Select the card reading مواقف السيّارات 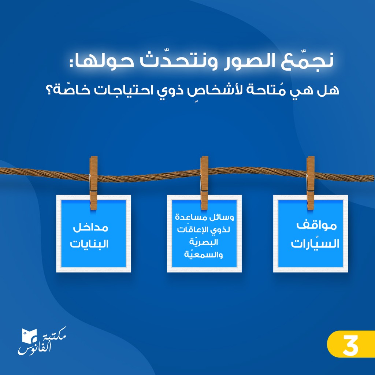pos(311,234)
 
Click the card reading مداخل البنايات pos(93,234)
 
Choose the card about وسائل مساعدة pos(204,234)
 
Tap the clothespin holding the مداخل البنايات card pos(93,183)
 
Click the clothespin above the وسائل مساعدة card pos(204,183)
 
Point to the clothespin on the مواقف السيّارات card pos(311,183)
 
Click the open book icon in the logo pos(29,335)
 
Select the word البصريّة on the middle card pos(204,242)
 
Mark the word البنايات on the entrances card pos(89,244)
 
